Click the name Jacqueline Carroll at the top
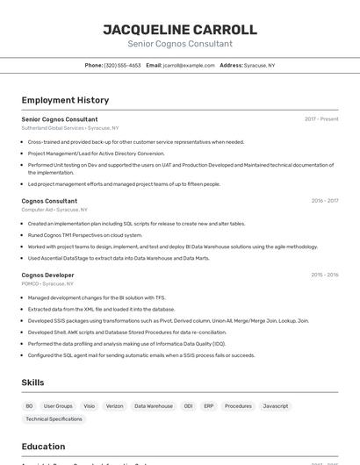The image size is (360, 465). pos(180,30)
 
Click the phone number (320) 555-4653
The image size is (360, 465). pos(122,65)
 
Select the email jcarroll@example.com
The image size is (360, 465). pos(189,65)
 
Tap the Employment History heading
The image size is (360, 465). pos(65,100)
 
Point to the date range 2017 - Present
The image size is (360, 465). pos(321,119)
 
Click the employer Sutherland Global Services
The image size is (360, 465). pos(53,128)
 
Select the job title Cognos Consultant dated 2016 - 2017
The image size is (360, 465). pos(49,201)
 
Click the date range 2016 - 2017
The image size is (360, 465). pos(325,201)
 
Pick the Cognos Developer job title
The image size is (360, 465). pos(47,275)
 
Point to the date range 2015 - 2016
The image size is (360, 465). pos(325,275)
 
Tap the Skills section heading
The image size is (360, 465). pos(32,383)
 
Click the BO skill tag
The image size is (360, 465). pos(29,406)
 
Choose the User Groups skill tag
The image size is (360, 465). pos(58,406)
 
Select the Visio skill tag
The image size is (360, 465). pos(89,406)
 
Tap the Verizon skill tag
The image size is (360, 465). pos(115,406)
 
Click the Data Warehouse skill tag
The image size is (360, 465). pos(154,406)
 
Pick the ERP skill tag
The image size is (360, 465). pos(209,406)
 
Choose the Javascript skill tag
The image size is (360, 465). pos(276,406)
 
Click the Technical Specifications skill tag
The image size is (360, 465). pos(54,419)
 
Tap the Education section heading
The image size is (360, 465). pos(43,447)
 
